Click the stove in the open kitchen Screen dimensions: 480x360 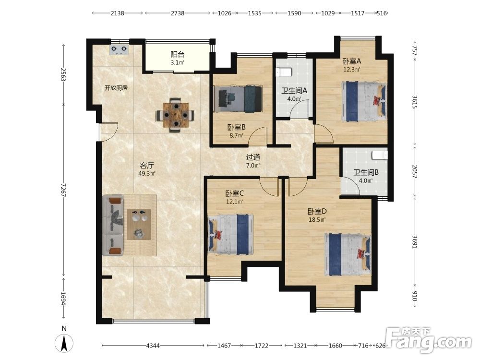pyautogui.click(x=119, y=50)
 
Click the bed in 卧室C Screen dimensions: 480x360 pyautogui.click(x=231, y=234)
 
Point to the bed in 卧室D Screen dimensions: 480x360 pyautogui.click(x=348, y=254)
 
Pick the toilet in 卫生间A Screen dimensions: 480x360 pyautogui.click(x=284, y=72)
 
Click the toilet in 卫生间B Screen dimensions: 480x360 pyautogui.click(x=380, y=155)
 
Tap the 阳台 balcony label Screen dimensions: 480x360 pyautogui.click(x=177, y=55)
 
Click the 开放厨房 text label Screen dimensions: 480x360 pyautogui.click(x=116, y=88)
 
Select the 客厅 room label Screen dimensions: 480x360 pyautogui.click(x=146, y=165)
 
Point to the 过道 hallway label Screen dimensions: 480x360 pyautogui.click(x=253, y=157)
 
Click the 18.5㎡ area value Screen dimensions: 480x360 pyautogui.click(x=317, y=219)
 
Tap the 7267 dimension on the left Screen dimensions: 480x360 pyautogui.click(x=63, y=190)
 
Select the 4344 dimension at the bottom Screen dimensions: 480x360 pyautogui.click(x=153, y=346)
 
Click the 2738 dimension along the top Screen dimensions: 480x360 pyautogui.click(x=178, y=13)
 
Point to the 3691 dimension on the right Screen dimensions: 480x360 pyautogui.click(x=415, y=241)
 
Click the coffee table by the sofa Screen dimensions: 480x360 pyautogui.click(x=139, y=224)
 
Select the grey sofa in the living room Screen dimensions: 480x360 pyautogui.click(x=113, y=226)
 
